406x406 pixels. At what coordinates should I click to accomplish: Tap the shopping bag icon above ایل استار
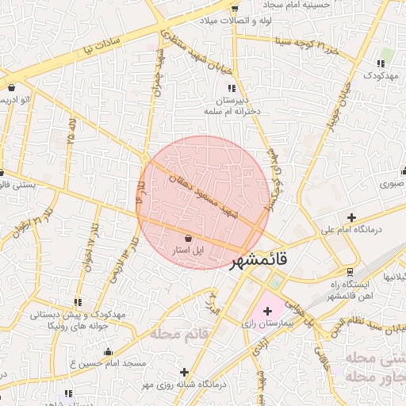tap(188, 238)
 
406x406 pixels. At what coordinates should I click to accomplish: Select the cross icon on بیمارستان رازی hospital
tap(266, 312)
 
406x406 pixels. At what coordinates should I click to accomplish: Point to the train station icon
tap(350, 272)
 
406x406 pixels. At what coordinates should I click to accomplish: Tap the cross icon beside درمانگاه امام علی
tap(351, 217)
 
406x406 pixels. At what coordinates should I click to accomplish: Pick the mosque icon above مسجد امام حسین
tap(108, 351)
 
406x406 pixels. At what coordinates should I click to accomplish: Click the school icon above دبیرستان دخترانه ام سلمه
tap(231, 89)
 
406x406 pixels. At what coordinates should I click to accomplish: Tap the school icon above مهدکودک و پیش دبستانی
tap(78, 302)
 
